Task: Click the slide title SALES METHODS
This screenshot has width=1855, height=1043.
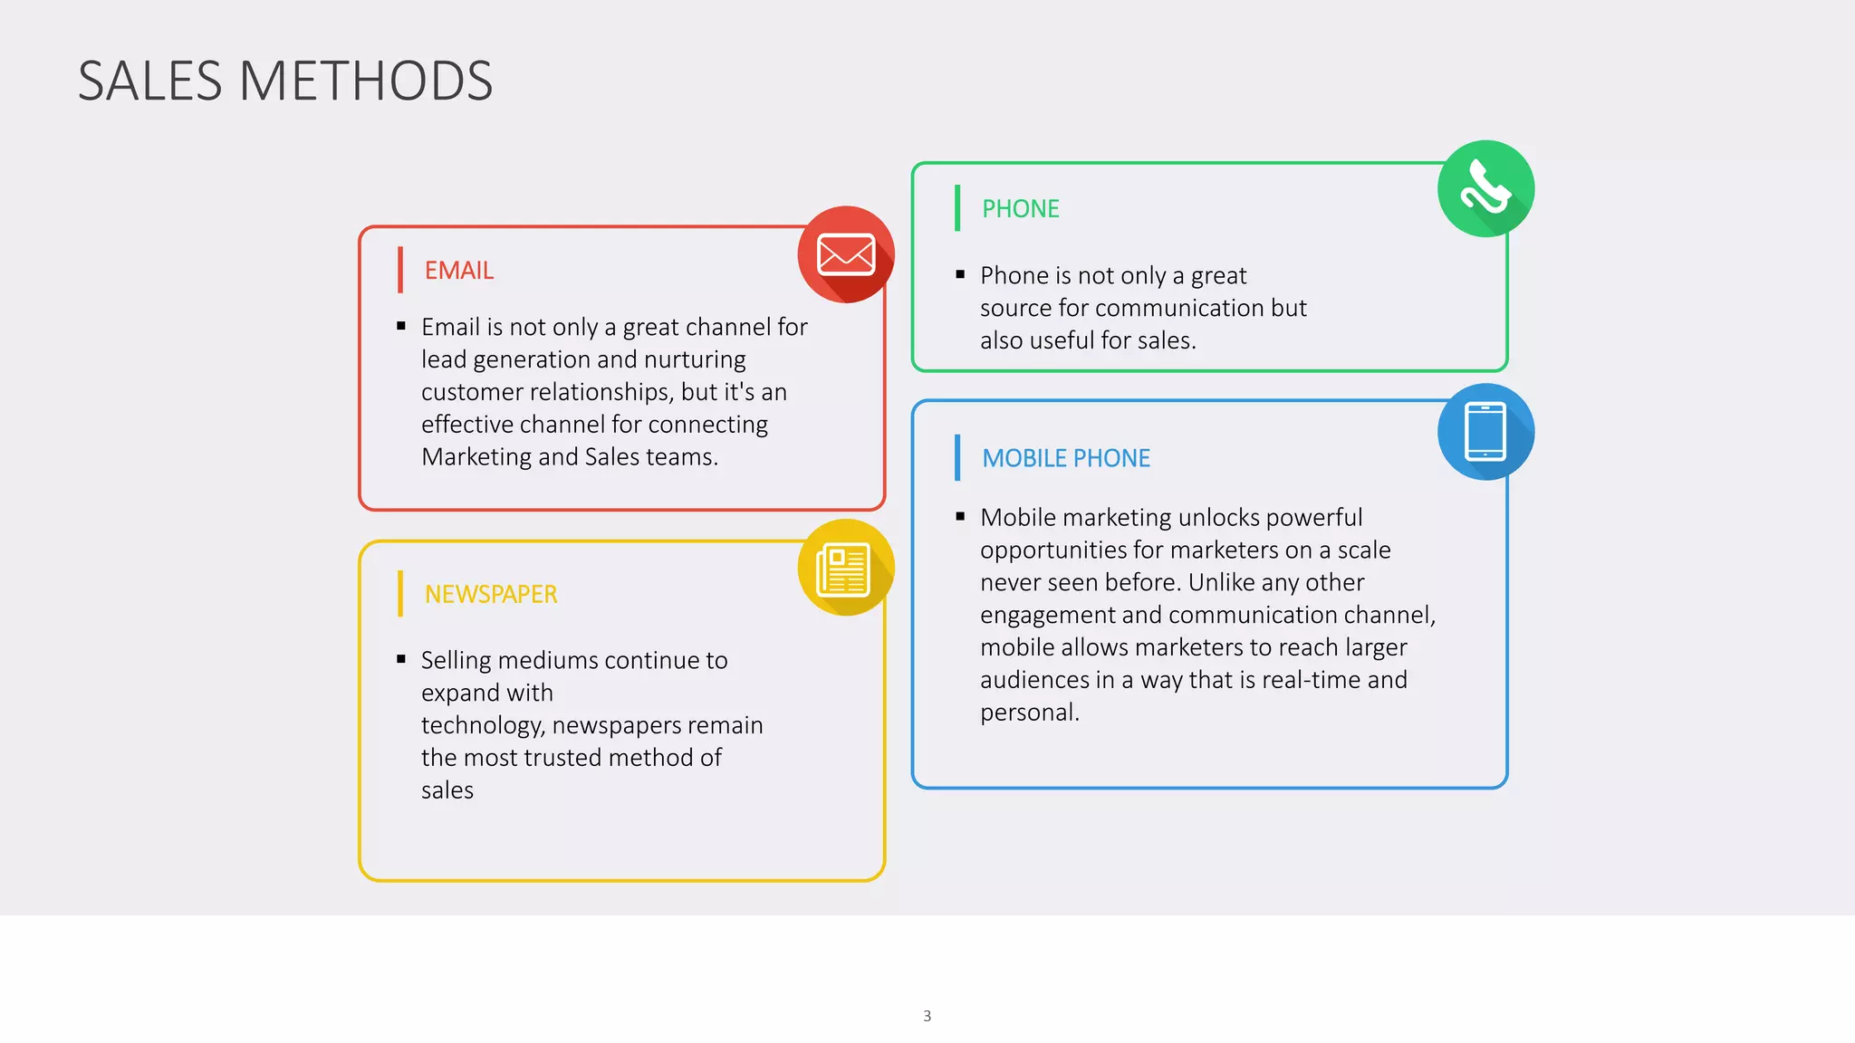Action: point(285,81)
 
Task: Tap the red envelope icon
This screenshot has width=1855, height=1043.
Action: point(846,254)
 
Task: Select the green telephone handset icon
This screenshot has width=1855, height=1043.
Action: point(1485,188)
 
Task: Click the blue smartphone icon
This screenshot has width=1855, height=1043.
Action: point(1485,432)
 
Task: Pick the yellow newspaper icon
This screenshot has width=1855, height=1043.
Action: point(846,569)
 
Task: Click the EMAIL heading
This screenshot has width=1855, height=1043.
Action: point(459,271)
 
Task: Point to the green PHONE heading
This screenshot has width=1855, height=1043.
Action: point(1021,209)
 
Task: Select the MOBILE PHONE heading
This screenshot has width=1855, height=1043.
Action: point(1066,458)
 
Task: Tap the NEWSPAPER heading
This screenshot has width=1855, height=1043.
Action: point(491,595)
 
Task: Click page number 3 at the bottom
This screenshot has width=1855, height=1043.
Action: point(927,1016)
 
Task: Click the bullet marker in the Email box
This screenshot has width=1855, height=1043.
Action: point(401,326)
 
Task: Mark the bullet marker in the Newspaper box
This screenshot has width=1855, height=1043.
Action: point(401,659)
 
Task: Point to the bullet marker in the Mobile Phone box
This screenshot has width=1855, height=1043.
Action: point(960,517)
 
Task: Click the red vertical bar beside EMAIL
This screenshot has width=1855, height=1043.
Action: point(399,270)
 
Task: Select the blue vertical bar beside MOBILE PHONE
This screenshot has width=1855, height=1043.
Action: point(957,458)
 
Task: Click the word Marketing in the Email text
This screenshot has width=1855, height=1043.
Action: point(476,457)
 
